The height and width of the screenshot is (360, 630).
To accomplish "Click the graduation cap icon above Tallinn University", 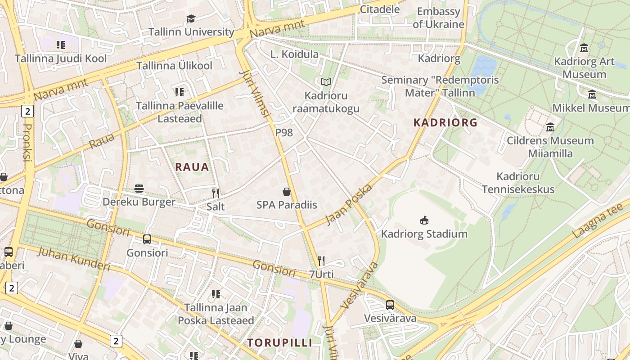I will pos(191,18).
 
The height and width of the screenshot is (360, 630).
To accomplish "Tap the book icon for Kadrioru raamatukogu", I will pos(326,82).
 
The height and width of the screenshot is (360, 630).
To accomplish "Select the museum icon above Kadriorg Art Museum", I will pos(584,48).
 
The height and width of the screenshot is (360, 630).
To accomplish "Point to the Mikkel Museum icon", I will pos(592,94).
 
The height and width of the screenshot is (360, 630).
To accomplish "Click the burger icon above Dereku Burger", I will pos(139,189).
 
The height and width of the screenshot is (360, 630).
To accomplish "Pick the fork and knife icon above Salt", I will pos(216,193).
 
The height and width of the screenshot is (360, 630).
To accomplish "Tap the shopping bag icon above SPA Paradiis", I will pos(287,192).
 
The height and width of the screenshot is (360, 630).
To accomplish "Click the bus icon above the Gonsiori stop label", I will pos(147,239).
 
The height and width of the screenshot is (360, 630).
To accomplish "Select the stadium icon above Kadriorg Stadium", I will pos(424,220).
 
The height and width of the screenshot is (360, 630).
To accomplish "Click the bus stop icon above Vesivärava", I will pos(390,305).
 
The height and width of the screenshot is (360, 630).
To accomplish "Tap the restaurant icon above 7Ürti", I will pos(321,261).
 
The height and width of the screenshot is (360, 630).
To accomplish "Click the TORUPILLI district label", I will pos(279,342).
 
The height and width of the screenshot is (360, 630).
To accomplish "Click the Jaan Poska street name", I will pos(349,204).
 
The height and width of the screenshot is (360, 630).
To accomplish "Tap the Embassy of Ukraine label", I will pos(438,18).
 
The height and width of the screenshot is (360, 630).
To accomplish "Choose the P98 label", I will pos(284,132).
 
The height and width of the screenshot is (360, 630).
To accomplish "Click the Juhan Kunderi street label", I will pos(73,259).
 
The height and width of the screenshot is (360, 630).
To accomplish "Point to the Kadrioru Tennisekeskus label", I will pos(518,183).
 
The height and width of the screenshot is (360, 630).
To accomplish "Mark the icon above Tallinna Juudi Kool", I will pos(61,45).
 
